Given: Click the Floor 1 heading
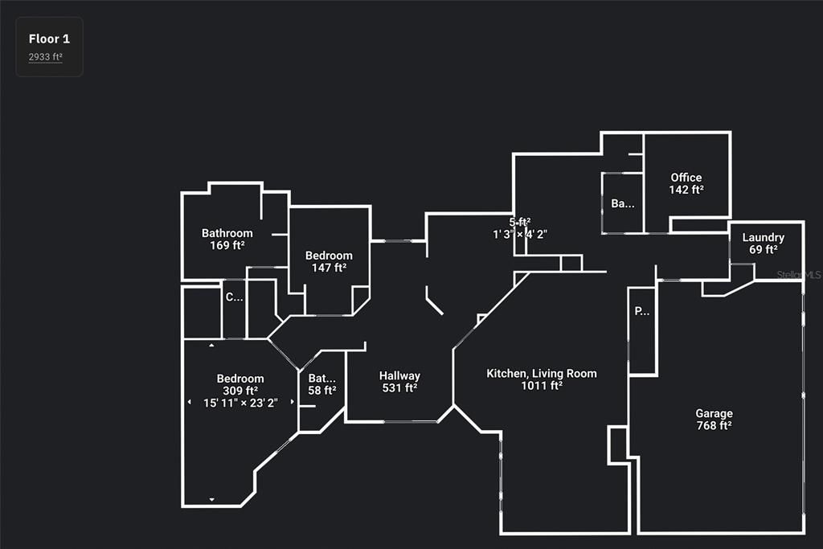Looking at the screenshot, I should click(49, 39).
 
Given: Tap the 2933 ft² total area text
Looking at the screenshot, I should click(46, 56).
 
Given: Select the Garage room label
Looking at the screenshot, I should click(714, 414).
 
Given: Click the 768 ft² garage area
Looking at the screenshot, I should click(714, 426).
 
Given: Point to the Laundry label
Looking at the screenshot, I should click(763, 238).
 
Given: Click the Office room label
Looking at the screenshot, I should click(686, 178).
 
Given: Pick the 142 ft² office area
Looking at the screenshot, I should click(686, 190).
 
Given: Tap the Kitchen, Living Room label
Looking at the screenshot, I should click(542, 373).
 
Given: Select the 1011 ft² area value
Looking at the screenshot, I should click(542, 386).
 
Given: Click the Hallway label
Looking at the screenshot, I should click(399, 375).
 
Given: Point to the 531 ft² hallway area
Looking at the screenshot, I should click(399, 388).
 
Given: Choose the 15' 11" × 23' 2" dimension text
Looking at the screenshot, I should click(240, 404).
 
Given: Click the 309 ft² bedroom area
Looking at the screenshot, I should click(240, 391).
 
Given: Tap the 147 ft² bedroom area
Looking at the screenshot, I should click(329, 268).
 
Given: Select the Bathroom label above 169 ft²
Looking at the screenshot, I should click(227, 233).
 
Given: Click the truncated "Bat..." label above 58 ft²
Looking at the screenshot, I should click(322, 378).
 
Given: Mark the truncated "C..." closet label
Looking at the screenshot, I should click(234, 297).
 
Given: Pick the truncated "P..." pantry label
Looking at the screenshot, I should click(642, 311).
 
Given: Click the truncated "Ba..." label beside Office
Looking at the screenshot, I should click(622, 203).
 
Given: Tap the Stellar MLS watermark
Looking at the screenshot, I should click(799, 275).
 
